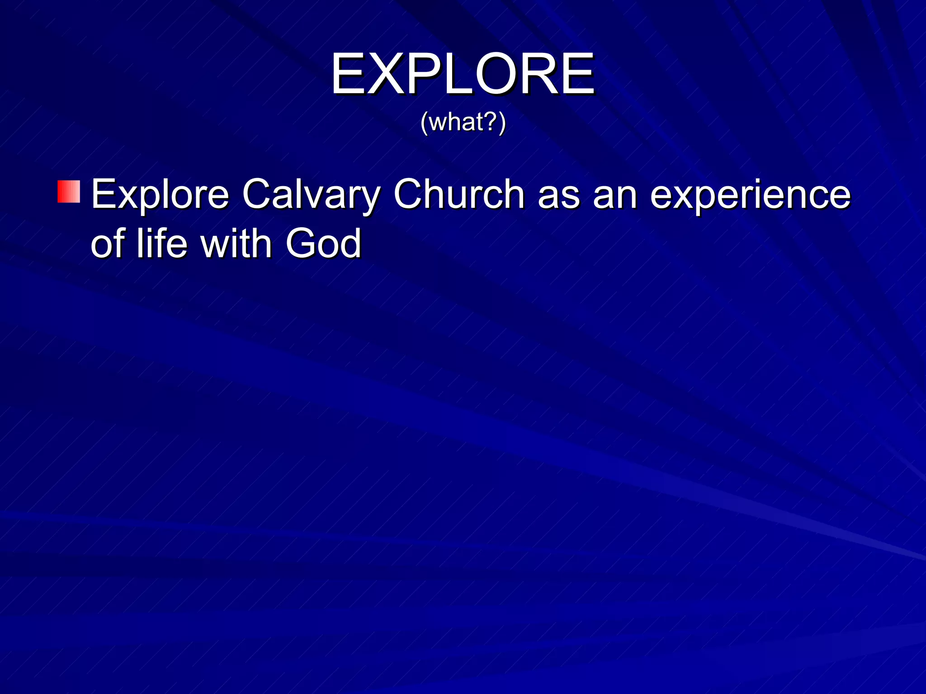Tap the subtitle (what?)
pyautogui.click(x=463, y=122)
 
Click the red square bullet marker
pyautogui.click(x=69, y=192)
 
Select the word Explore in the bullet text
pyautogui.click(x=160, y=195)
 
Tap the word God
pyautogui.click(x=323, y=244)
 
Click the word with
pyautogui.click(x=236, y=244)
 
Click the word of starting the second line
pyautogui.click(x=108, y=244)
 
